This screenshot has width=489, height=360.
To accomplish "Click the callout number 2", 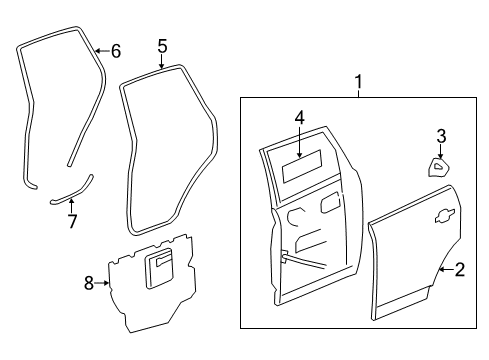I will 461,269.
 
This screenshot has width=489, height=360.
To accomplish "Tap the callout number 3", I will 440,136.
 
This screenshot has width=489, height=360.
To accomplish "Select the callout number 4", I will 298,118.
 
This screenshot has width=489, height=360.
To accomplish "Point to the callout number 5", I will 162,45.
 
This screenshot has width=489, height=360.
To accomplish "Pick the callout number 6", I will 116,50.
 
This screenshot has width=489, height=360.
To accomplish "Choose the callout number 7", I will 71,220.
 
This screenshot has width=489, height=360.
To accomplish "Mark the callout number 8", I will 88,284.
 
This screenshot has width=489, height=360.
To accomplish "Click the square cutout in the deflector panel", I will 160,269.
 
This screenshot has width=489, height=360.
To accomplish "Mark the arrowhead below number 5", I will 162,65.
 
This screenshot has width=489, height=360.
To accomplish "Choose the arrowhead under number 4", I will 298,138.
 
